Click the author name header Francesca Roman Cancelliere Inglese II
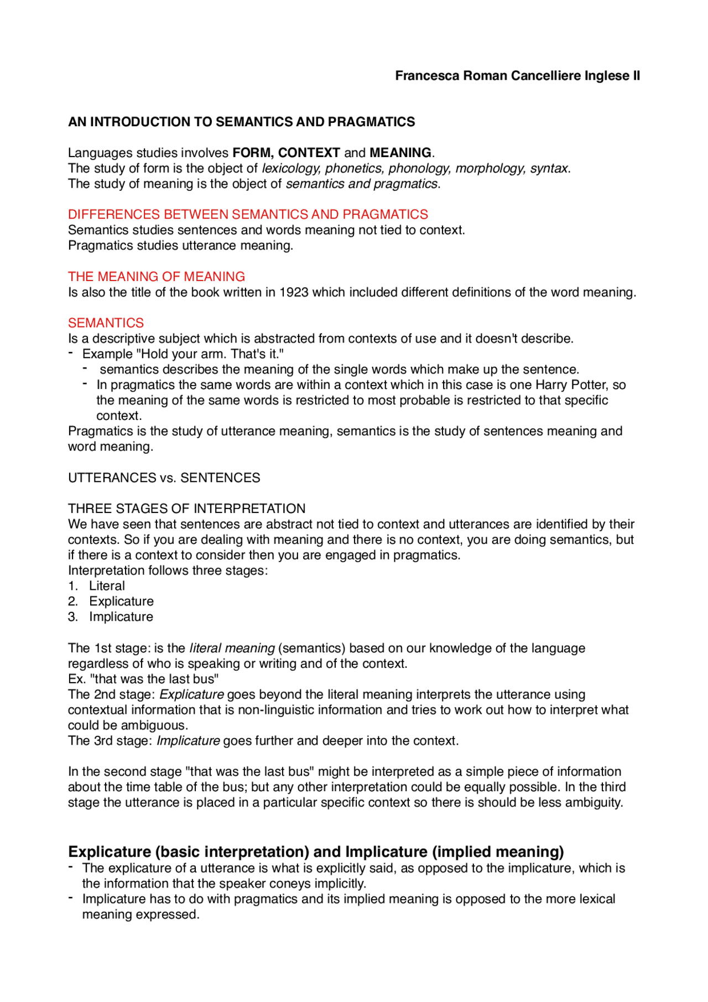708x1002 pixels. (517, 76)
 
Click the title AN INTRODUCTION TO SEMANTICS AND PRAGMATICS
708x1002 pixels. (241, 122)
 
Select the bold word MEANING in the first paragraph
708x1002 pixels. (400, 153)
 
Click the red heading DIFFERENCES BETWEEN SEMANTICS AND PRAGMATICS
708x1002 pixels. (248, 214)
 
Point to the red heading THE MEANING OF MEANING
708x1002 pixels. (157, 277)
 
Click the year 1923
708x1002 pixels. (294, 292)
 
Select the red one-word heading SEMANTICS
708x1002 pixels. (106, 323)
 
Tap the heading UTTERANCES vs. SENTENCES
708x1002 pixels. (164, 478)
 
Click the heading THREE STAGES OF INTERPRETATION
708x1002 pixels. (187, 509)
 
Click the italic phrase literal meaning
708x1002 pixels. (232, 648)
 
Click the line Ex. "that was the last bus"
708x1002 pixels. (143, 679)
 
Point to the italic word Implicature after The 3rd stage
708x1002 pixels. (188, 741)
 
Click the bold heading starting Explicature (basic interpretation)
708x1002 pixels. (316, 852)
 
